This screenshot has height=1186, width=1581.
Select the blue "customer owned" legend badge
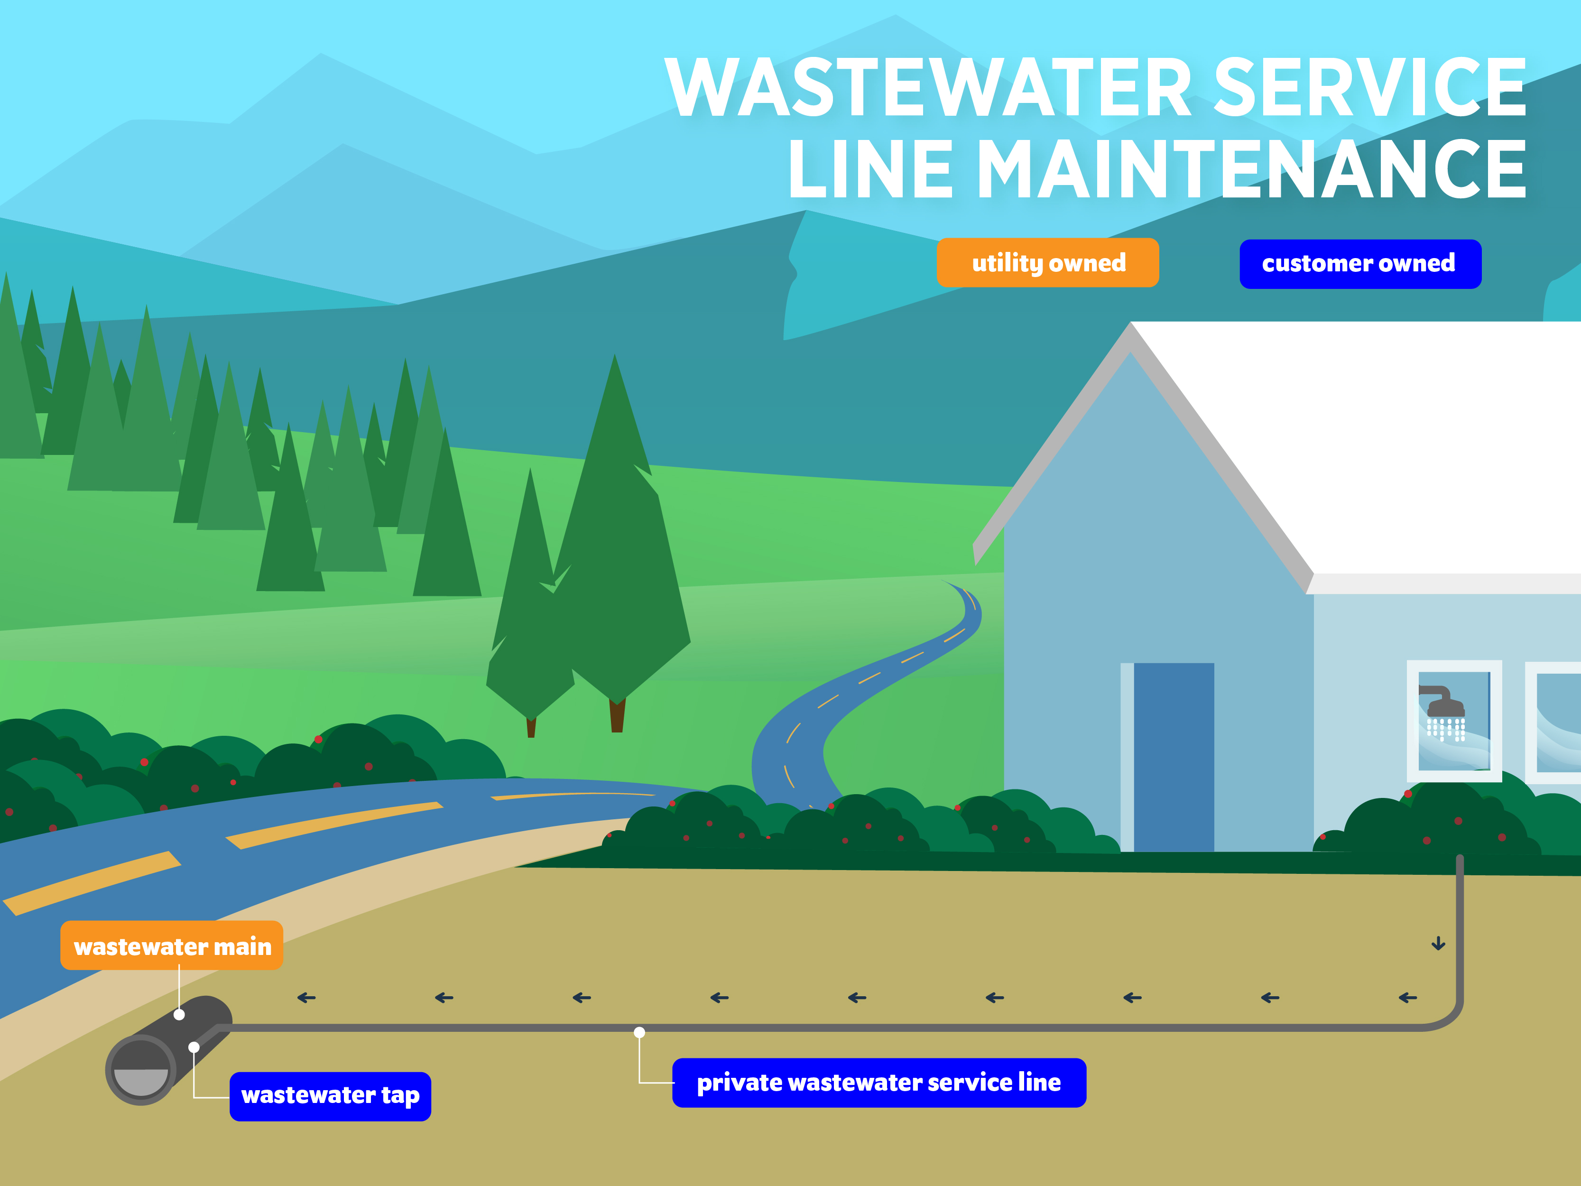tap(1359, 264)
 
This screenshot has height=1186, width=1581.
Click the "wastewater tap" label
tap(330, 1096)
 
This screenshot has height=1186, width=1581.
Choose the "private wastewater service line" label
tap(878, 1082)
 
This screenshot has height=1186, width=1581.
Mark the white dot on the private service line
tap(640, 1032)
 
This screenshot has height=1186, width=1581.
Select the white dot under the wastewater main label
tap(179, 1014)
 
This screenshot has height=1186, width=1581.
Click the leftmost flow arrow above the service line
tap(306, 997)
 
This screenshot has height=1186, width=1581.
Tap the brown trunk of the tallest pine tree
tap(617, 715)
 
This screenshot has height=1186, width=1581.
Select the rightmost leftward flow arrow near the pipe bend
tap(1407, 997)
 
